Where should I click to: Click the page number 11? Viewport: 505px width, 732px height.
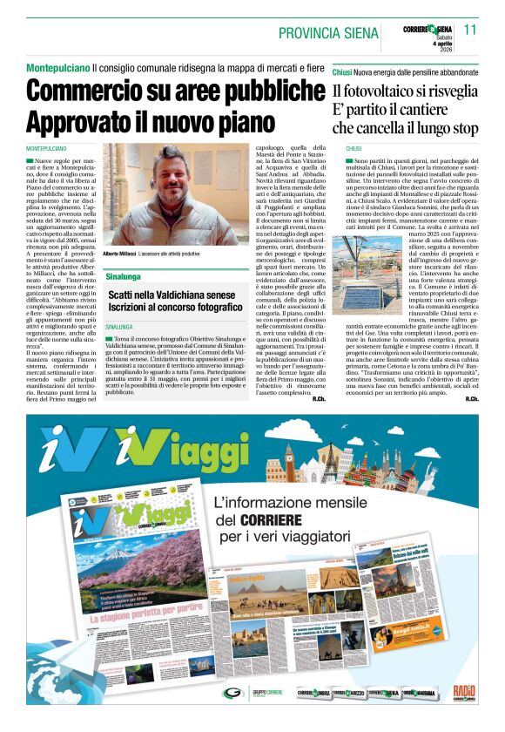coord(471,29)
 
